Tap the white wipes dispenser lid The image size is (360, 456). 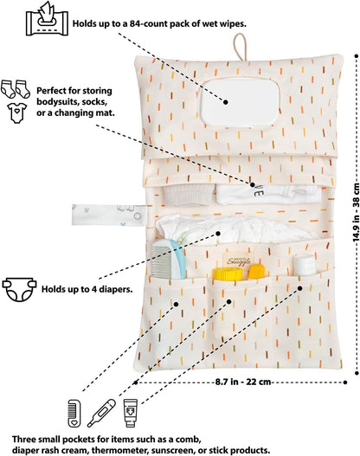click(240, 103)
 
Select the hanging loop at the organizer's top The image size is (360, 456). click(240, 47)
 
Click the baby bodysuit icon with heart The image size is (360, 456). click(17, 112)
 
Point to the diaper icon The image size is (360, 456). click(20, 289)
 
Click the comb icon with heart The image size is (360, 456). click(74, 414)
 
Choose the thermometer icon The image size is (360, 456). click(101, 413)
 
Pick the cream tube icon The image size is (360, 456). click(131, 413)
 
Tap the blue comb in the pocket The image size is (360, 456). click(169, 260)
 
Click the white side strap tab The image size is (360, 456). click(109, 215)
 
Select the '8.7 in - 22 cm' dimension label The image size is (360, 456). click(243, 382)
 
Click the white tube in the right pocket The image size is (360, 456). click(305, 266)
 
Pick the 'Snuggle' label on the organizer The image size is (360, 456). click(239, 260)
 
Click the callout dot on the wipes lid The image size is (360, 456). click(226, 102)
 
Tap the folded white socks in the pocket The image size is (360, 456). click(188, 195)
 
